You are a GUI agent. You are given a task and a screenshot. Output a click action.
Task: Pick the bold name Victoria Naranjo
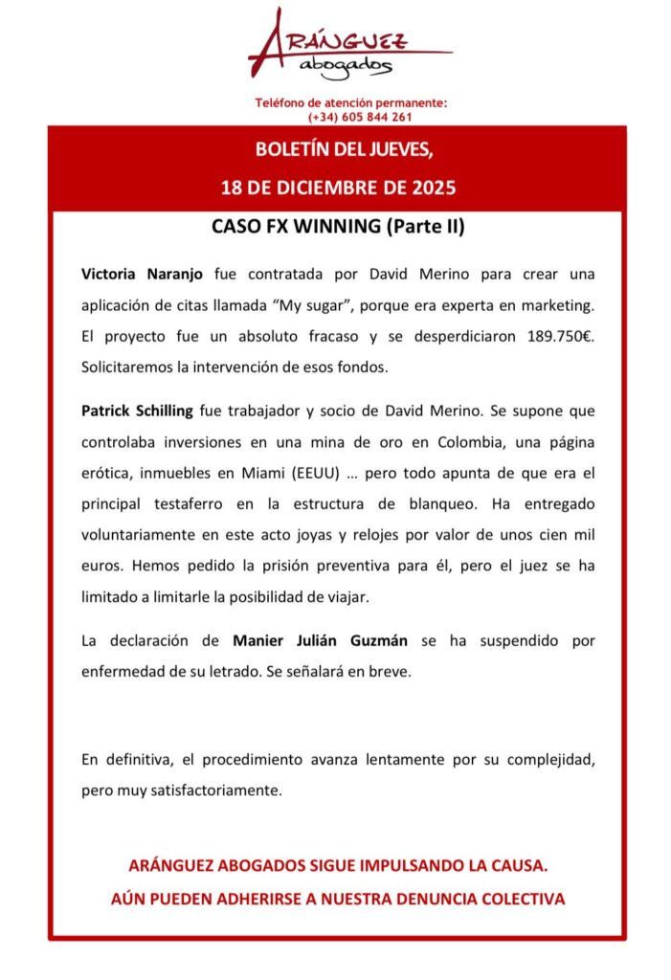(x=142, y=274)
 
